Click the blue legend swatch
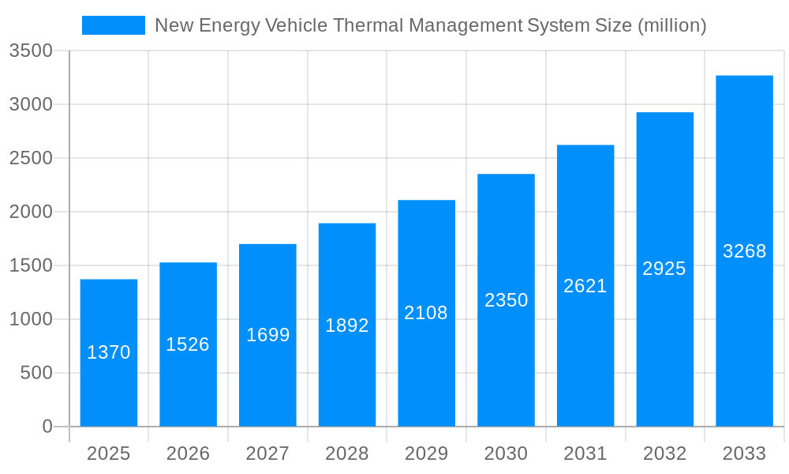point(114,25)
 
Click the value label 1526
point(188,344)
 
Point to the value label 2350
point(506,300)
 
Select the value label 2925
point(664,269)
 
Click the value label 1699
point(267,335)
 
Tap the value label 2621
point(585,286)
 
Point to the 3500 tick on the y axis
point(30,51)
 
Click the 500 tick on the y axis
point(36,373)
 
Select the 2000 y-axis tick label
point(30,212)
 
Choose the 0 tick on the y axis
point(47,427)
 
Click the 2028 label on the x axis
point(347,453)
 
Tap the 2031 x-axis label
point(585,453)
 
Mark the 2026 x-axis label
point(188,453)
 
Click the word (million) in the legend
point(671,25)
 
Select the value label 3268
point(744,251)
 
